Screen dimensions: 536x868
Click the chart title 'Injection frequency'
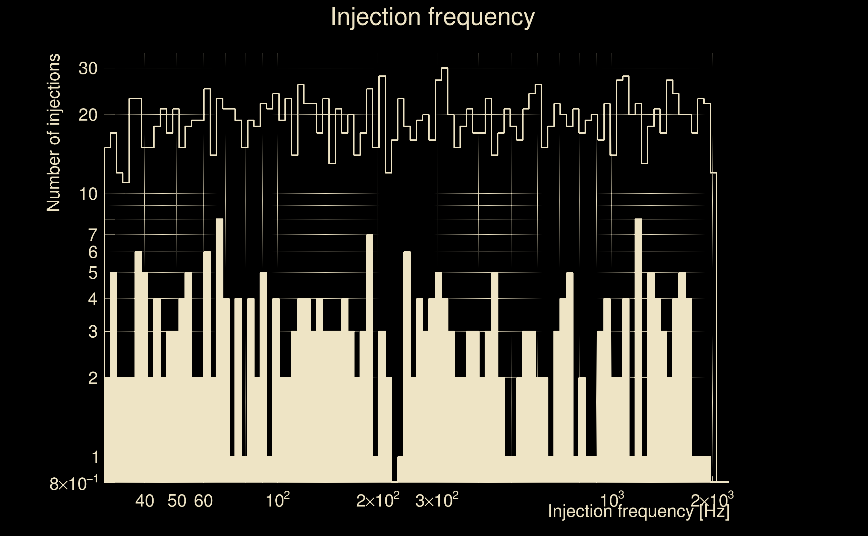[433, 17]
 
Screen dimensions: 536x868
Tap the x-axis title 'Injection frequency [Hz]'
[639, 511]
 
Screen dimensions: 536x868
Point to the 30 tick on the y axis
[88, 68]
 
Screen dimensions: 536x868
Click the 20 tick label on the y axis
[88, 115]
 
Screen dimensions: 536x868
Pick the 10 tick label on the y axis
[88, 194]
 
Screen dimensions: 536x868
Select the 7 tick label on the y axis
[93, 235]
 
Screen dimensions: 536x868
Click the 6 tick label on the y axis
[93, 252]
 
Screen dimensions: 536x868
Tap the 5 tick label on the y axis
[93, 273]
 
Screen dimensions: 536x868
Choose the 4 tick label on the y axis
[93, 299]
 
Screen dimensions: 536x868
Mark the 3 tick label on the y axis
[93, 332]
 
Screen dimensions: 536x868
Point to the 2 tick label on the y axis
[93, 378]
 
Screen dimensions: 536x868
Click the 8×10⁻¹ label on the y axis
[73, 483]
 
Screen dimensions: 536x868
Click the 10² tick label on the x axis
[277, 500]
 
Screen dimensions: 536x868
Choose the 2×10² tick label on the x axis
[378, 500]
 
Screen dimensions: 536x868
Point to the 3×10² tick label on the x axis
[436, 500]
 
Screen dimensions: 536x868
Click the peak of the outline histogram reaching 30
[445, 68]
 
